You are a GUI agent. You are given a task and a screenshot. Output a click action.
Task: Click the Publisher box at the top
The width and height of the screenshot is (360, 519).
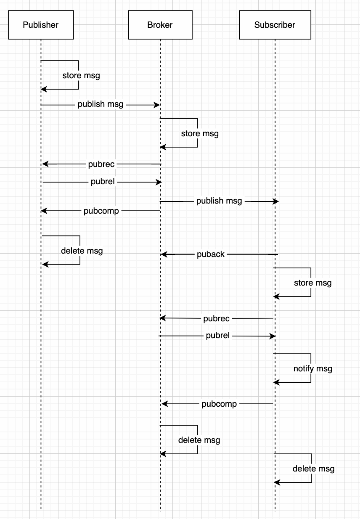point(41,25)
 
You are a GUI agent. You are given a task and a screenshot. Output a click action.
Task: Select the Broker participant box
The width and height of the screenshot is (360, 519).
point(160,25)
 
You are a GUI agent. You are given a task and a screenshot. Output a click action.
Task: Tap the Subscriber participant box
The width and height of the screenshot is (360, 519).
point(275,25)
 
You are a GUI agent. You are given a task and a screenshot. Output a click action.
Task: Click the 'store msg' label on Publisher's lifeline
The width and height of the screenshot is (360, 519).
point(81,76)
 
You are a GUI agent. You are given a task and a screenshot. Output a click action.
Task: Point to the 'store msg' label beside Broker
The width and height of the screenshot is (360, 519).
point(200,134)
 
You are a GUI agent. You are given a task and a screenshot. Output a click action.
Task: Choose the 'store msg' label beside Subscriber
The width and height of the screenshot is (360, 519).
point(312,283)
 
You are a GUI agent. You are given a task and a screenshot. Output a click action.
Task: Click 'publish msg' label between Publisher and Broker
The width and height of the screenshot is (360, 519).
point(101,104)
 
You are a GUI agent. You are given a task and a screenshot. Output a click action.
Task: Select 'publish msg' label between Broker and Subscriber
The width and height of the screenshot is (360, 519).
point(219,201)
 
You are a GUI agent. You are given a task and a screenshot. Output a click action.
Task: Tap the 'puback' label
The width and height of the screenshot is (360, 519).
point(211,254)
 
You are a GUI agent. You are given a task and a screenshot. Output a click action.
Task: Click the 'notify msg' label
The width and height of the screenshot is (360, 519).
point(312,368)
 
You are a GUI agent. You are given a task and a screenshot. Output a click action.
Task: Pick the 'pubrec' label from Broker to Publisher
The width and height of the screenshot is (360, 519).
point(101,164)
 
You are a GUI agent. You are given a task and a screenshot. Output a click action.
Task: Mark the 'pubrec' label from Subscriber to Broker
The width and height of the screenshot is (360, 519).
point(217,318)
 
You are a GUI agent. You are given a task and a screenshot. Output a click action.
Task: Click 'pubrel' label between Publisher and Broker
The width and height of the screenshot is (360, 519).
point(102,182)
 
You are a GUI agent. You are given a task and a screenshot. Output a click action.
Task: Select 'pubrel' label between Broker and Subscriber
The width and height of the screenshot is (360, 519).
point(218,336)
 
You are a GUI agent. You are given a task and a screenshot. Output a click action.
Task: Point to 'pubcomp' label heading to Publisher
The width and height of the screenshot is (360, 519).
point(101,211)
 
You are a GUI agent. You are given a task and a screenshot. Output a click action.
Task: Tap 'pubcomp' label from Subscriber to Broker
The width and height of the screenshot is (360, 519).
point(219,404)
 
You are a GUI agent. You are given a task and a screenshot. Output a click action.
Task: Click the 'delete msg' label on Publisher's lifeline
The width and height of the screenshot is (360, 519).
point(82,251)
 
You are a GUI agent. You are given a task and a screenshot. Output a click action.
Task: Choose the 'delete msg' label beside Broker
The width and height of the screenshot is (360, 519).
point(199,440)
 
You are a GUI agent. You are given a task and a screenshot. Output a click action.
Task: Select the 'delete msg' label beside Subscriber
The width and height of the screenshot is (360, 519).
point(313,469)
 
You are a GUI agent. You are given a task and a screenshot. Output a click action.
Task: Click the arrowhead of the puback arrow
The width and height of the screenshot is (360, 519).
point(164,254)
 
